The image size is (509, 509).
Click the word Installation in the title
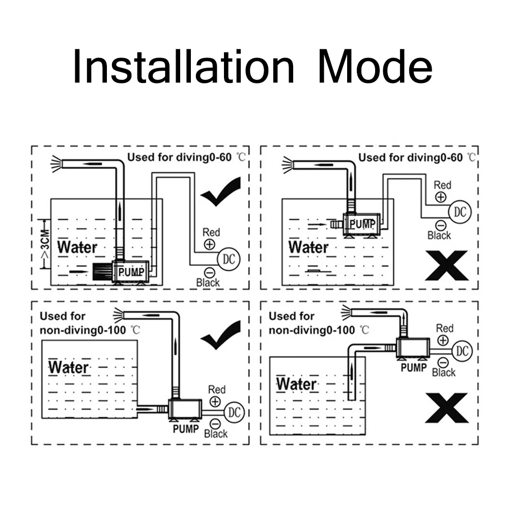click(183, 66)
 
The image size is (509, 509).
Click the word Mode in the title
click(376, 66)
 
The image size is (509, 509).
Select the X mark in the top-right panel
click(447, 265)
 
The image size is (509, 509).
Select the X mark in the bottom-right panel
click(447, 408)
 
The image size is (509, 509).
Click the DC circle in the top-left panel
click(229, 259)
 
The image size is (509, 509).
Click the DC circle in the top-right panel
click(460, 212)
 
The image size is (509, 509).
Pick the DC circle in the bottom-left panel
click(234, 412)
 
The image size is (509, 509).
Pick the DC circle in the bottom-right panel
click(462, 351)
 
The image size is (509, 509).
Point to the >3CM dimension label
click(45, 244)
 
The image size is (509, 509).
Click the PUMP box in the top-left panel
click(130, 271)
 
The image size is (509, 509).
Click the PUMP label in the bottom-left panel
click(186, 429)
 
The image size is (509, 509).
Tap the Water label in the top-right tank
click(308, 247)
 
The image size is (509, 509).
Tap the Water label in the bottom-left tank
click(69, 367)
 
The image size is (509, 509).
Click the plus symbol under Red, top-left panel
click(210, 244)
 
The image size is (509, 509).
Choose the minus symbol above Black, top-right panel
click(440, 225)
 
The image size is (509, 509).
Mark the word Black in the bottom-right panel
click(444, 373)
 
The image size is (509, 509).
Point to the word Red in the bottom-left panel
click(216, 389)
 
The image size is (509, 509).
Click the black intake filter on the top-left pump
click(102, 271)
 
